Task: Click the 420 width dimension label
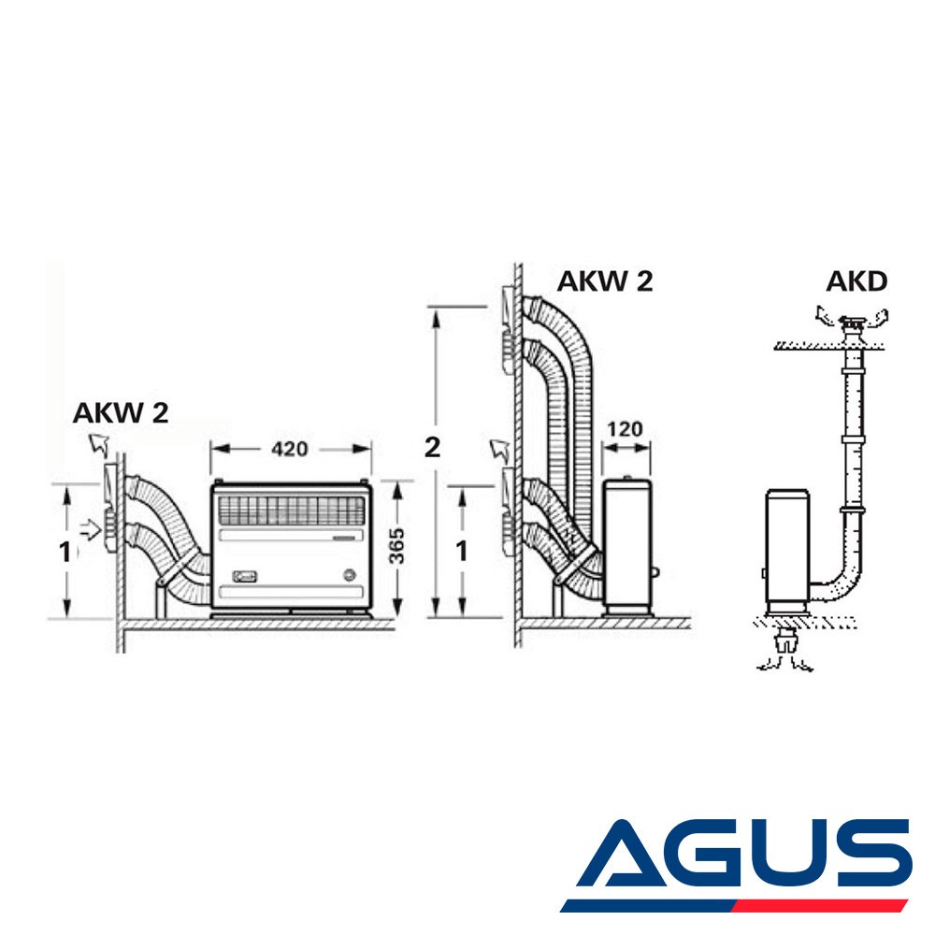[x=289, y=449]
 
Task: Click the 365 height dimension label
[x=396, y=546]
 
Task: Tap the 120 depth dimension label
[x=625, y=429]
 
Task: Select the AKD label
[x=856, y=281]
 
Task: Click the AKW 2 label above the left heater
[x=121, y=412]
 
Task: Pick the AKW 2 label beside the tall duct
[x=605, y=281]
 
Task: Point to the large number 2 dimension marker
[x=432, y=447]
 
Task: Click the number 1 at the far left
[x=65, y=553]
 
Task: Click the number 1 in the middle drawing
[x=462, y=553]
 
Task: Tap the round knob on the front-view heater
[x=349, y=575]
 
